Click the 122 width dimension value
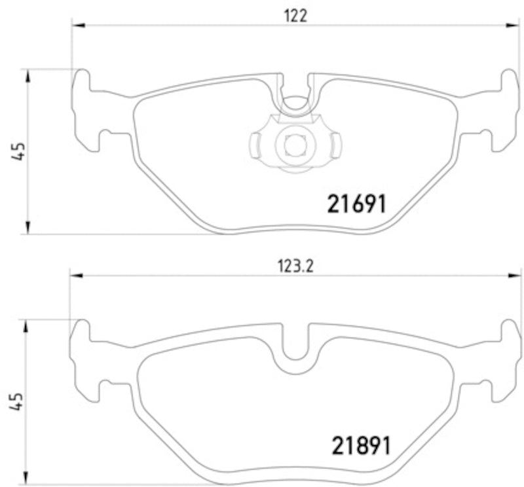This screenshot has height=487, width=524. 295,16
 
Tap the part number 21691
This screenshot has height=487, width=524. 356,205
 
